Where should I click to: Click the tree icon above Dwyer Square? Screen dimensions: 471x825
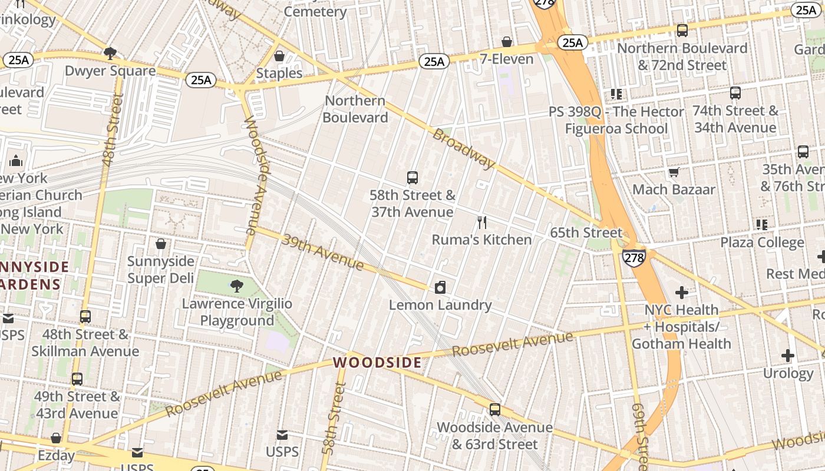click(x=110, y=54)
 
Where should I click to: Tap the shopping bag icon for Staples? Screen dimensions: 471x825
click(x=279, y=56)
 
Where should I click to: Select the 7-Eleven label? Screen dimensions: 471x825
click(x=506, y=59)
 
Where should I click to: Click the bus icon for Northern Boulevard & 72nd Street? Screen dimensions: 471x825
click(x=682, y=31)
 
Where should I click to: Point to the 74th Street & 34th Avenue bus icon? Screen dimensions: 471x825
click(x=735, y=93)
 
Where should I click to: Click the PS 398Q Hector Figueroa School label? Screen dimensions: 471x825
click(x=616, y=120)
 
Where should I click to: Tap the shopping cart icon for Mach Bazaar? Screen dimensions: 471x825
click(x=674, y=172)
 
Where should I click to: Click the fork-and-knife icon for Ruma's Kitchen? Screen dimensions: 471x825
click(x=482, y=222)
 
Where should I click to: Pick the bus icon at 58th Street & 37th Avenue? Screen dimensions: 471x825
click(x=412, y=177)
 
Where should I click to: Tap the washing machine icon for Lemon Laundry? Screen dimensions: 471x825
click(x=440, y=287)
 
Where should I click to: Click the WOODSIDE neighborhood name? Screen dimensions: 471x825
click(x=378, y=362)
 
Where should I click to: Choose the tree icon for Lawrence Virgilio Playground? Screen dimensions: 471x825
click(x=237, y=286)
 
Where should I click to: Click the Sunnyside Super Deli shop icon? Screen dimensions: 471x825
click(x=161, y=244)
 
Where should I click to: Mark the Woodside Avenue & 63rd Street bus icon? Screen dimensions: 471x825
click(x=495, y=409)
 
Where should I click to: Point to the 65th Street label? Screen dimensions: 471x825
click(x=585, y=233)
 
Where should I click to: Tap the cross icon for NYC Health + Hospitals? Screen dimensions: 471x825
click(x=681, y=292)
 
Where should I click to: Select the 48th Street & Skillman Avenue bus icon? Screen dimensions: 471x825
click(x=85, y=317)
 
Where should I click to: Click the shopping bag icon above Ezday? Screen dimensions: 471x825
click(x=56, y=438)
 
